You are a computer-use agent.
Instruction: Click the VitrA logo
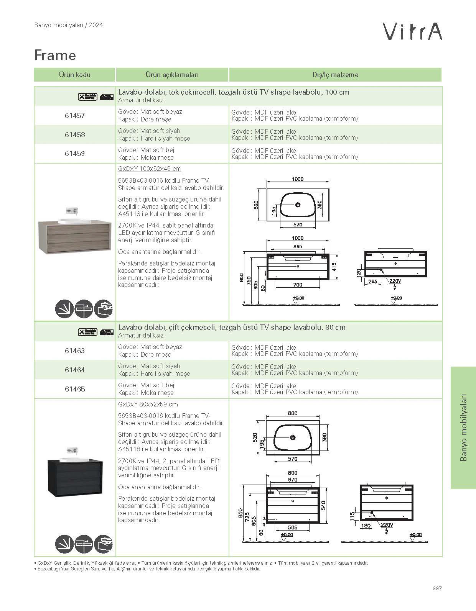(x=413, y=31)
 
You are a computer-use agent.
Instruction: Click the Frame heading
(x=55, y=55)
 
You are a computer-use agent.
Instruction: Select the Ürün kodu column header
(x=74, y=75)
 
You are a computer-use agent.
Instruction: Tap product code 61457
(x=75, y=115)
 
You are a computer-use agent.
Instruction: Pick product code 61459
(x=75, y=154)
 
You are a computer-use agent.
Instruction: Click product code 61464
(x=75, y=370)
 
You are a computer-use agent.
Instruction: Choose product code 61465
(x=75, y=389)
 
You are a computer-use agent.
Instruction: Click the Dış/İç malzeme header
(x=335, y=75)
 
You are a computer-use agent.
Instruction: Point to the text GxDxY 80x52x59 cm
(x=148, y=404)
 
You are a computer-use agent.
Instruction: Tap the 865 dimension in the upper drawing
(x=298, y=247)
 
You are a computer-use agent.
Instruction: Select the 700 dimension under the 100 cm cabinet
(x=298, y=285)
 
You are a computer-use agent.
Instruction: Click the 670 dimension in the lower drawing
(x=293, y=480)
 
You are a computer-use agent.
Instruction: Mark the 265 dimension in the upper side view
(x=372, y=282)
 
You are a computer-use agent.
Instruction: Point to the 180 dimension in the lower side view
(x=366, y=526)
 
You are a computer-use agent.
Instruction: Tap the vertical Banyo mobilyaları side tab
(x=463, y=427)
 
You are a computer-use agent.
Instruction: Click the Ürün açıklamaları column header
(x=172, y=75)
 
